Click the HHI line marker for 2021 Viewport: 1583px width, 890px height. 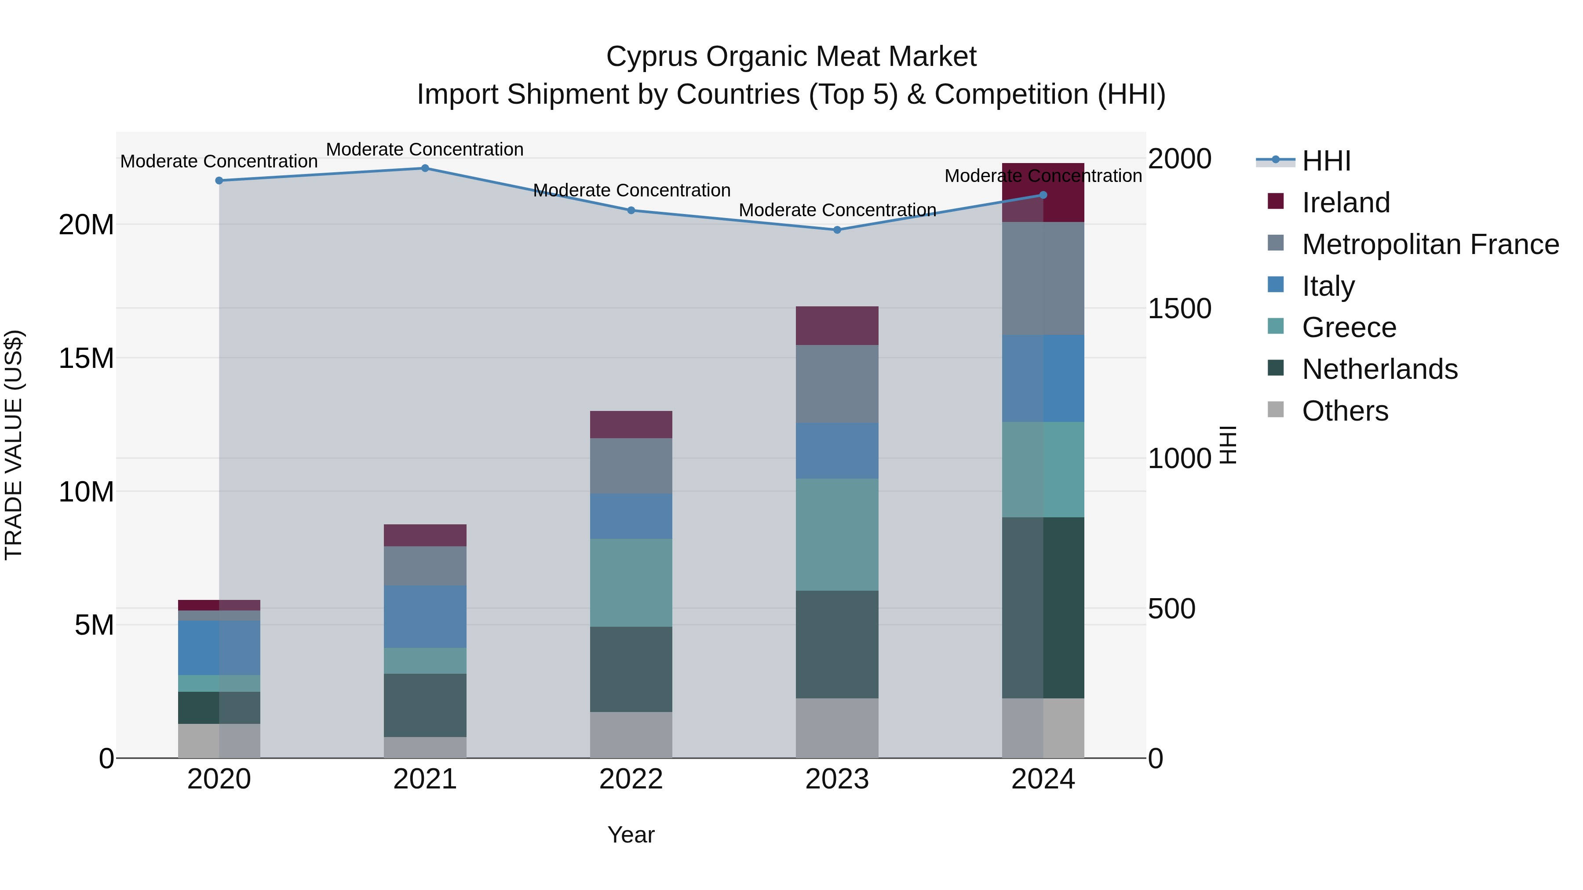coord(425,168)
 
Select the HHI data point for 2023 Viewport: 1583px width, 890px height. coord(837,230)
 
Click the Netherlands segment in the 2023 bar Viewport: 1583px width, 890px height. coord(837,644)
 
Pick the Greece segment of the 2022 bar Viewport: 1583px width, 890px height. coord(631,582)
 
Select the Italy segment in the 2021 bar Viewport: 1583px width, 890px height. coord(425,617)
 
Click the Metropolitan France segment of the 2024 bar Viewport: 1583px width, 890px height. coord(1043,278)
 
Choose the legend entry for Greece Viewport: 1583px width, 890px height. coord(1349,327)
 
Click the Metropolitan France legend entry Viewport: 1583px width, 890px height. coord(1430,244)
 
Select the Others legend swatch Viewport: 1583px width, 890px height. coord(1276,410)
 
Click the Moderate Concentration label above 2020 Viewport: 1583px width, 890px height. coord(219,162)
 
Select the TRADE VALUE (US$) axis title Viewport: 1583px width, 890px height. coord(14,445)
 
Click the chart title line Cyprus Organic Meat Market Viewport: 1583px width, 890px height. coord(791,57)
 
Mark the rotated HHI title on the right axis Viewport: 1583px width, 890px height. coord(1228,445)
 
